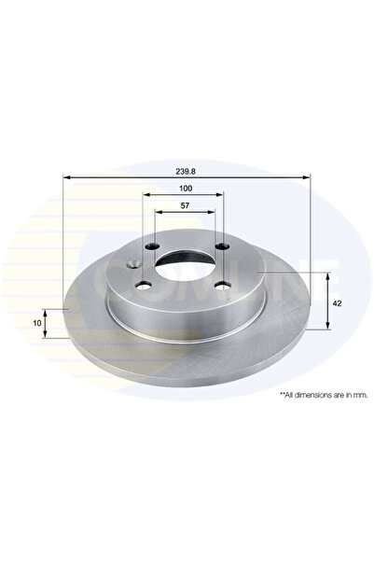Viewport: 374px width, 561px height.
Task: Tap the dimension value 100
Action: click(185, 189)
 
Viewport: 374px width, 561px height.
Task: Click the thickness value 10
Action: click(36, 323)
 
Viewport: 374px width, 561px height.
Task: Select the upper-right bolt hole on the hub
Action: click(223, 247)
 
